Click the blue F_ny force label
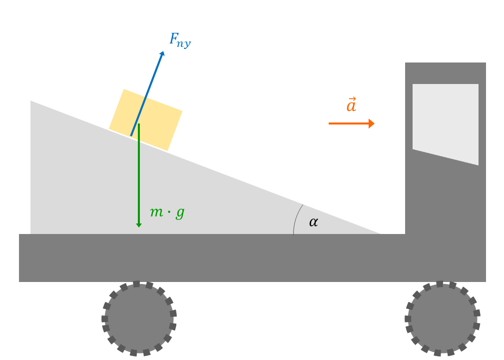tap(180, 40)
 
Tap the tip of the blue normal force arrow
tap(164, 51)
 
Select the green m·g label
tap(167, 212)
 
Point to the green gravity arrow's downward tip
tap(139, 227)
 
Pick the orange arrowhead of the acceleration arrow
tap(372, 123)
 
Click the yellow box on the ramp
tap(146, 119)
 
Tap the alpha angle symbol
tap(313, 222)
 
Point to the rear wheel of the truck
tap(139, 318)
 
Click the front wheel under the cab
tap(442, 318)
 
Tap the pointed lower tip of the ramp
tap(381, 234)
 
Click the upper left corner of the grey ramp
tap(30, 101)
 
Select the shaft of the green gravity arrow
tap(139, 173)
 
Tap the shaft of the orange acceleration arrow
tap(349, 123)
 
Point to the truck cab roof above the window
tap(446, 73)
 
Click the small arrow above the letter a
tap(352, 98)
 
